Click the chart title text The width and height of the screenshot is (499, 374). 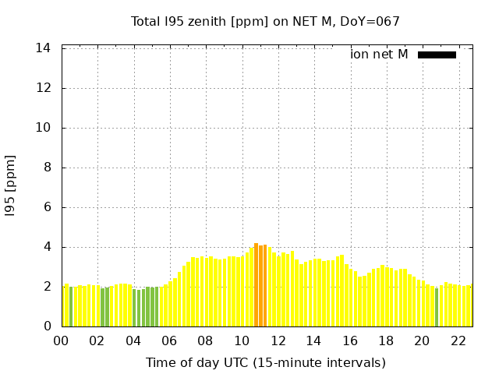tap(265, 21)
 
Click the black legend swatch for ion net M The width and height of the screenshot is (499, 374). tap(437, 55)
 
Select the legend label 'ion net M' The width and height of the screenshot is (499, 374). tap(379, 55)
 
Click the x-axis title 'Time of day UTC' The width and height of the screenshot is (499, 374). tap(265, 362)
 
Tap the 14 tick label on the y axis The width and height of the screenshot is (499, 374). tap(44, 48)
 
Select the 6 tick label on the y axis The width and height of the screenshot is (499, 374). tap(48, 207)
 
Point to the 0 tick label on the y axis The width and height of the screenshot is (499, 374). tap(48, 326)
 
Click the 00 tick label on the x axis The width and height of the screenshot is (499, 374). tap(61, 340)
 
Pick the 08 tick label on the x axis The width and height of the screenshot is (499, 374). tap(205, 340)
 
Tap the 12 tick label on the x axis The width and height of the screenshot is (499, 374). tap(278, 340)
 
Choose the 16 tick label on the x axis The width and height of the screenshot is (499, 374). tap(349, 340)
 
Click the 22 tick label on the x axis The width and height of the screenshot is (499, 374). tap(458, 340)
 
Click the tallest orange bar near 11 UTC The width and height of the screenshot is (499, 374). tap(256, 285)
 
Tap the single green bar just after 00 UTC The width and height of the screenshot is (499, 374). tap(71, 307)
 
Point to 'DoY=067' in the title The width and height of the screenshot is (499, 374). tap(373, 21)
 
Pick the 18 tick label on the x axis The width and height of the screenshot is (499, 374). tap(385, 340)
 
